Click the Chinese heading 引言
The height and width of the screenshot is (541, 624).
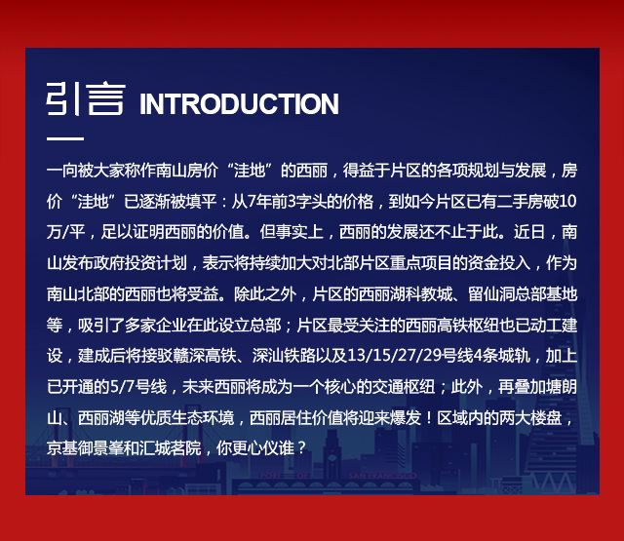86,98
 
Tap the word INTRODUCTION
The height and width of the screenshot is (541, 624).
239,104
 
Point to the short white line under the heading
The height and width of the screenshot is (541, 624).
65,138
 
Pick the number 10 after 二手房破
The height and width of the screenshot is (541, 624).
567,201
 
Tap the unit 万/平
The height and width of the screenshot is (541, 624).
66,232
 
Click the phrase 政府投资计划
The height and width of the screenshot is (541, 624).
140,263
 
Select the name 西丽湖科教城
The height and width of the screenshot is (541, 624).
406,294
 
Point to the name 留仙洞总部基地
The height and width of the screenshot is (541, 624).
523,294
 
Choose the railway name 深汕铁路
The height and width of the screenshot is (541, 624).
284,356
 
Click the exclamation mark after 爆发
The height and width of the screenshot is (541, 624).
429,417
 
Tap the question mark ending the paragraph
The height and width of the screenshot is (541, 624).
300,448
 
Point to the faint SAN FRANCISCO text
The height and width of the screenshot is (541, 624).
382,476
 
